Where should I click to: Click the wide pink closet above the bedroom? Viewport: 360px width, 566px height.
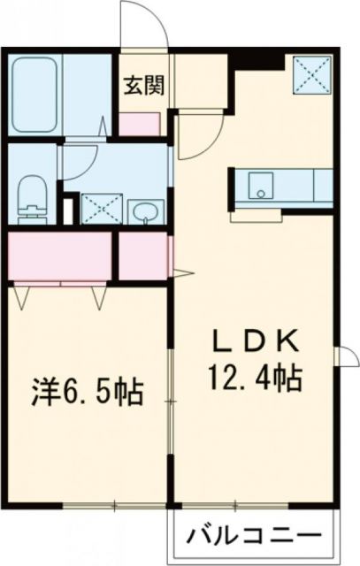[x=60, y=256]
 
